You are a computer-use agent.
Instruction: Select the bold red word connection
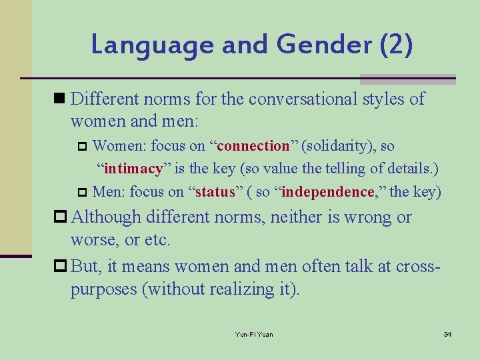(x=253, y=146)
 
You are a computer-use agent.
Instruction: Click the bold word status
(x=215, y=193)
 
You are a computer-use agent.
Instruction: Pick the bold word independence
(x=327, y=193)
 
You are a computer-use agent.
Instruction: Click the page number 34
(x=447, y=334)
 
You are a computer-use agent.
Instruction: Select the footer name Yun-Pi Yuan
(x=254, y=334)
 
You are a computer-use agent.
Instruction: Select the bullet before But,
(x=61, y=266)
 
